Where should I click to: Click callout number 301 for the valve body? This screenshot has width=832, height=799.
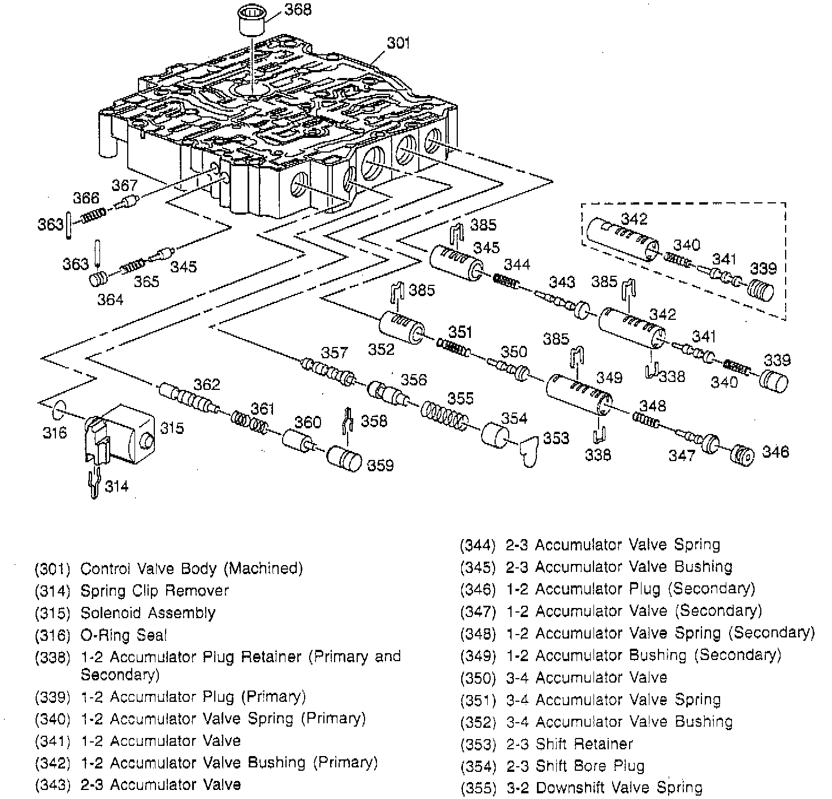pyautogui.click(x=398, y=43)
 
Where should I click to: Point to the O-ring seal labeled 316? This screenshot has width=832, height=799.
pyautogui.click(x=59, y=410)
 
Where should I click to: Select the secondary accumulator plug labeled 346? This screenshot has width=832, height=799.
pyautogui.click(x=743, y=455)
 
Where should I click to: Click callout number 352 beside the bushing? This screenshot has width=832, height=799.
pyautogui.click(x=382, y=349)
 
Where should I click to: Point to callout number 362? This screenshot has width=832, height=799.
pyautogui.click(x=206, y=384)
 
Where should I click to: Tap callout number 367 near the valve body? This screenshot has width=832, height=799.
pyautogui.click(x=124, y=185)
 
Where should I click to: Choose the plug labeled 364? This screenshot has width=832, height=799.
pyautogui.click(x=99, y=279)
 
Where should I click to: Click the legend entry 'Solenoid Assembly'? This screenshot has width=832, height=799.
pyautogui.click(x=148, y=613)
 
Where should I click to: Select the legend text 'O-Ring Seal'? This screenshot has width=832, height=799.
pyautogui.click(x=124, y=635)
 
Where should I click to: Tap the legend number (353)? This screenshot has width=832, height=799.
pyautogui.click(x=478, y=744)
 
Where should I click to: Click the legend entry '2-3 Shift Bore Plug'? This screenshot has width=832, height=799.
pyautogui.click(x=575, y=766)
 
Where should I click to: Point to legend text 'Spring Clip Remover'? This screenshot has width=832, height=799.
pyautogui.click(x=154, y=591)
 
